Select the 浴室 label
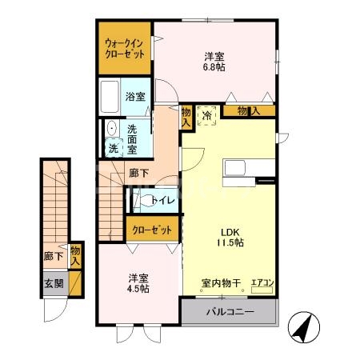tap(135, 97)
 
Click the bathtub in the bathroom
tap(110, 98)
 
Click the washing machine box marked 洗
tap(113, 149)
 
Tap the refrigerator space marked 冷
tap(206, 115)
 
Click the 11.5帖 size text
tap(228, 241)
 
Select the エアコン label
tap(262, 282)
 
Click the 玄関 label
tap(54, 283)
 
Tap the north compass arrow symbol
tap(304, 326)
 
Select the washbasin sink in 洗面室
tap(111, 129)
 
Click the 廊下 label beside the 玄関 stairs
tap(54, 258)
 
